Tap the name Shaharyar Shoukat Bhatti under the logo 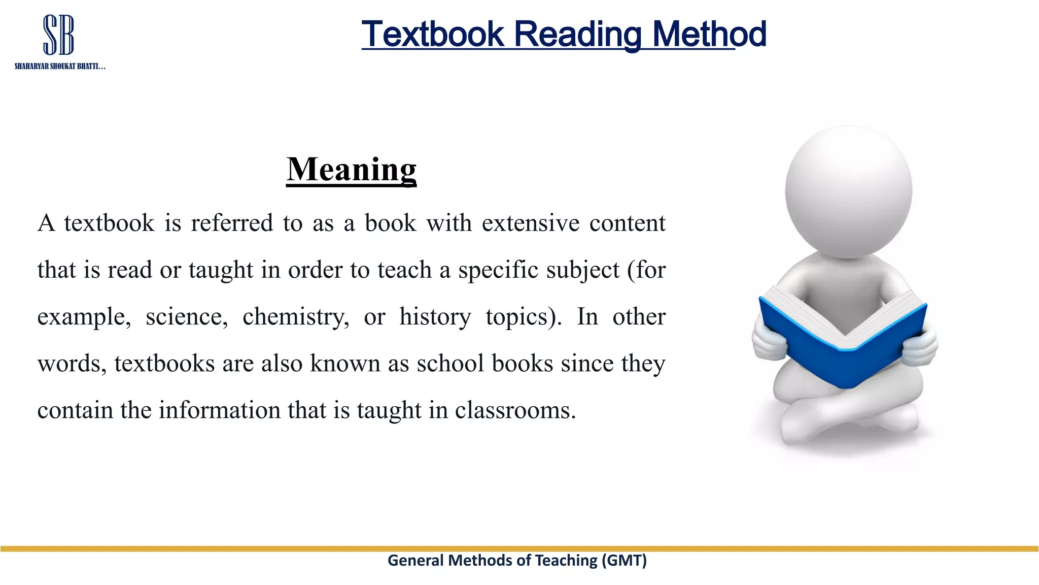[x=59, y=67]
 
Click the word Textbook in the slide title [x=432, y=34]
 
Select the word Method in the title [x=709, y=34]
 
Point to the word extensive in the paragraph [x=530, y=223]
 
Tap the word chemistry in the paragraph [x=296, y=317]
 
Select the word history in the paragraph [x=435, y=317]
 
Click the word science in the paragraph [x=187, y=317]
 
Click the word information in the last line [x=219, y=410]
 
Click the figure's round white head [x=848, y=192]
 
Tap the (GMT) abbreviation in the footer [x=624, y=560]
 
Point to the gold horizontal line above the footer [x=519, y=548]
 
